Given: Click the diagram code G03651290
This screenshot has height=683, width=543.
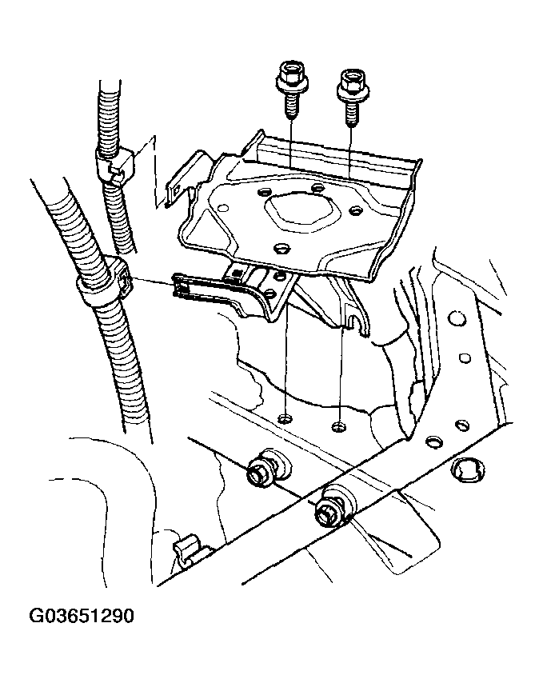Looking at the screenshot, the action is pyautogui.click(x=82, y=616).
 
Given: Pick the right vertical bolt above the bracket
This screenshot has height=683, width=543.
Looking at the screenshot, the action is pyautogui.click(x=350, y=98).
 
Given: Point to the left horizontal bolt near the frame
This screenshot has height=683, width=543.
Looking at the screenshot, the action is pyautogui.click(x=266, y=466).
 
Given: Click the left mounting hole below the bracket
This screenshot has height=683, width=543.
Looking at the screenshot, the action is pyautogui.click(x=285, y=418).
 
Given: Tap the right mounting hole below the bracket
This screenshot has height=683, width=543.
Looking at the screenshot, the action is pyautogui.click(x=339, y=425).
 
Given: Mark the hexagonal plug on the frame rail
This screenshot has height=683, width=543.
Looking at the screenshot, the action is pyautogui.click(x=468, y=469).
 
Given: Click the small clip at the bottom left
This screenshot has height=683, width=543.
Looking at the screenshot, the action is pyautogui.click(x=187, y=551).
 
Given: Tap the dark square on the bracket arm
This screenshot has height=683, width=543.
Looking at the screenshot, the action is pyautogui.click(x=237, y=274).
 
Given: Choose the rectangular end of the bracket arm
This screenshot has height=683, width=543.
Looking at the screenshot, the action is pyautogui.click(x=182, y=286).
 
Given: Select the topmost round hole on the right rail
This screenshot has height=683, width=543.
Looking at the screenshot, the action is pyautogui.click(x=456, y=318).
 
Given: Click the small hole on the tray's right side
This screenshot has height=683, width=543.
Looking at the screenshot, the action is pyautogui.click(x=355, y=210).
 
